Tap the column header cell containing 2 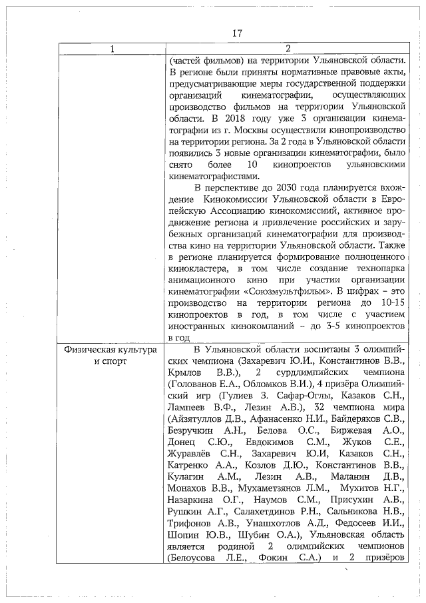(x=288, y=49)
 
